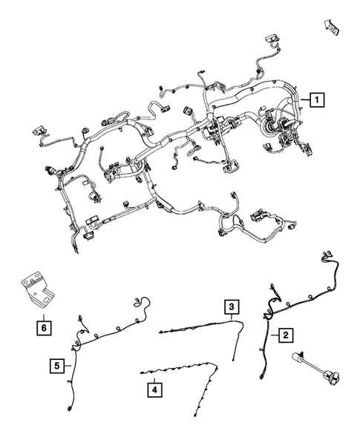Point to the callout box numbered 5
tap(57, 364)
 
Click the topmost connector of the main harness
tap(269, 40)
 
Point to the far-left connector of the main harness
tap(38, 134)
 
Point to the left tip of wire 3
tap(160, 332)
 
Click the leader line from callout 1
tap(301, 99)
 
